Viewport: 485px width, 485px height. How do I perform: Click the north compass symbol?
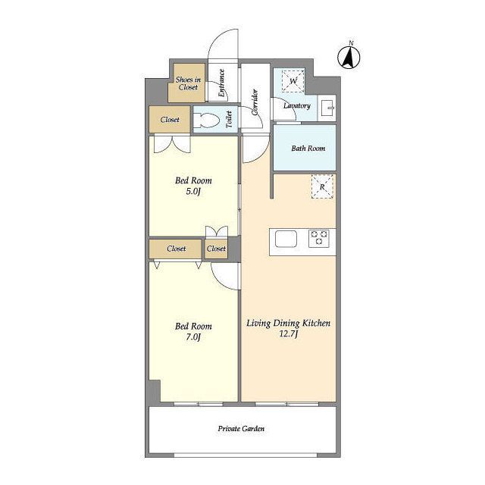pyautogui.click(x=349, y=58)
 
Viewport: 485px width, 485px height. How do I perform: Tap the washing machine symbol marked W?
pyautogui.click(x=293, y=81)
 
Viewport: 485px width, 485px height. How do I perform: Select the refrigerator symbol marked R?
pyautogui.click(x=322, y=186)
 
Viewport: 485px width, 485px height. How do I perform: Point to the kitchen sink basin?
pyautogui.click(x=286, y=239)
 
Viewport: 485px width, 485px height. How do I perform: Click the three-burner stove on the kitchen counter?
pyautogui.click(x=319, y=238)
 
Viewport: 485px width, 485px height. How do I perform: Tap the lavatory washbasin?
pyautogui.click(x=327, y=108)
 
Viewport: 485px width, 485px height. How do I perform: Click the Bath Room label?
pyautogui.click(x=308, y=149)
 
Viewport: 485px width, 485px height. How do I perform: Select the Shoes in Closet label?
pyautogui.click(x=188, y=83)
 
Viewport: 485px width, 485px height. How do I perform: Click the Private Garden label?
pyautogui.click(x=241, y=429)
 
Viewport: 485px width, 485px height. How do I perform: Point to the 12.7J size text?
pyautogui.click(x=288, y=334)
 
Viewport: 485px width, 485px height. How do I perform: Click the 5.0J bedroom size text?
pyautogui.click(x=193, y=192)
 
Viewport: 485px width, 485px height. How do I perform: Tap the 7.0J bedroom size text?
pyautogui.click(x=193, y=336)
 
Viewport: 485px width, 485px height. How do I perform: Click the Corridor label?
pyautogui.click(x=255, y=102)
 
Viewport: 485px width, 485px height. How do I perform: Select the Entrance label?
pyautogui.click(x=221, y=83)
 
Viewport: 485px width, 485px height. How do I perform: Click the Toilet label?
pyautogui.click(x=229, y=120)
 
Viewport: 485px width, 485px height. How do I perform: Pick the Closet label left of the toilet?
pyautogui.click(x=170, y=120)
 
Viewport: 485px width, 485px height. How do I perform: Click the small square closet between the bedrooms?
pyautogui.click(x=216, y=249)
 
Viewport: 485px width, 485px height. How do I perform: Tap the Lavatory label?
pyautogui.click(x=297, y=106)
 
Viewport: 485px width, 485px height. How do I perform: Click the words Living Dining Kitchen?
pyautogui.click(x=288, y=324)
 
